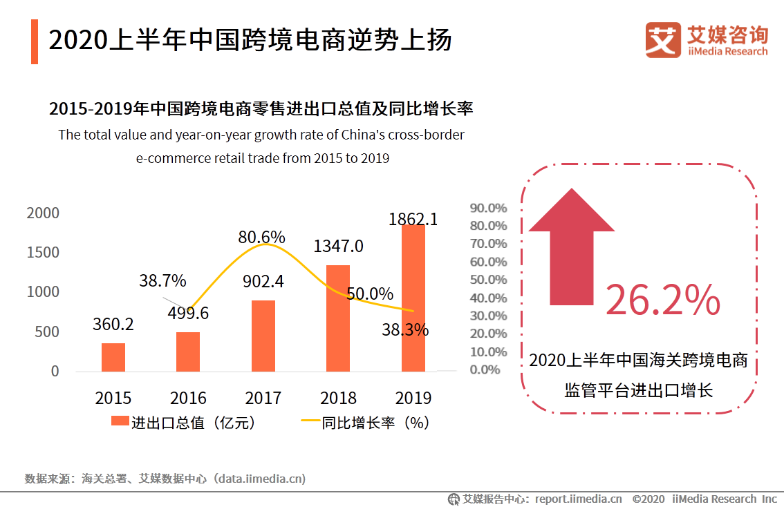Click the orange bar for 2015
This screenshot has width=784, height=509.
[x=113, y=356]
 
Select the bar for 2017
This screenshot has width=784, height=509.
[x=263, y=336]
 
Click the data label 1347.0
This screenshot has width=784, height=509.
[x=338, y=247]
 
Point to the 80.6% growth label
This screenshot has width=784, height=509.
[x=261, y=237]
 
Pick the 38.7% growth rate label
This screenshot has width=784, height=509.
[x=162, y=280]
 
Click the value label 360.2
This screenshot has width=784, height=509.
[x=113, y=324]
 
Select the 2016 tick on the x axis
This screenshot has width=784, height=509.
[x=188, y=398]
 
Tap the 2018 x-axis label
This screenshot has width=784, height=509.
[x=338, y=398]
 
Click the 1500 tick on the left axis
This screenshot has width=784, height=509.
[x=43, y=253]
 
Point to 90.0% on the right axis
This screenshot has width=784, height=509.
[x=488, y=208]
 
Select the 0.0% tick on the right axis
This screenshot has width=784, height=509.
[x=485, y=369]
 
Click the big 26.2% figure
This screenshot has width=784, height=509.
[x=662, y=300]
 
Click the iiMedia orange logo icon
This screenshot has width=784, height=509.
[x=662, y=40]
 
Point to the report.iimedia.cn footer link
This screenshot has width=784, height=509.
[x=578, y=499]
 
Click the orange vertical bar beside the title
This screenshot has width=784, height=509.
[x=35, y=41]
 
